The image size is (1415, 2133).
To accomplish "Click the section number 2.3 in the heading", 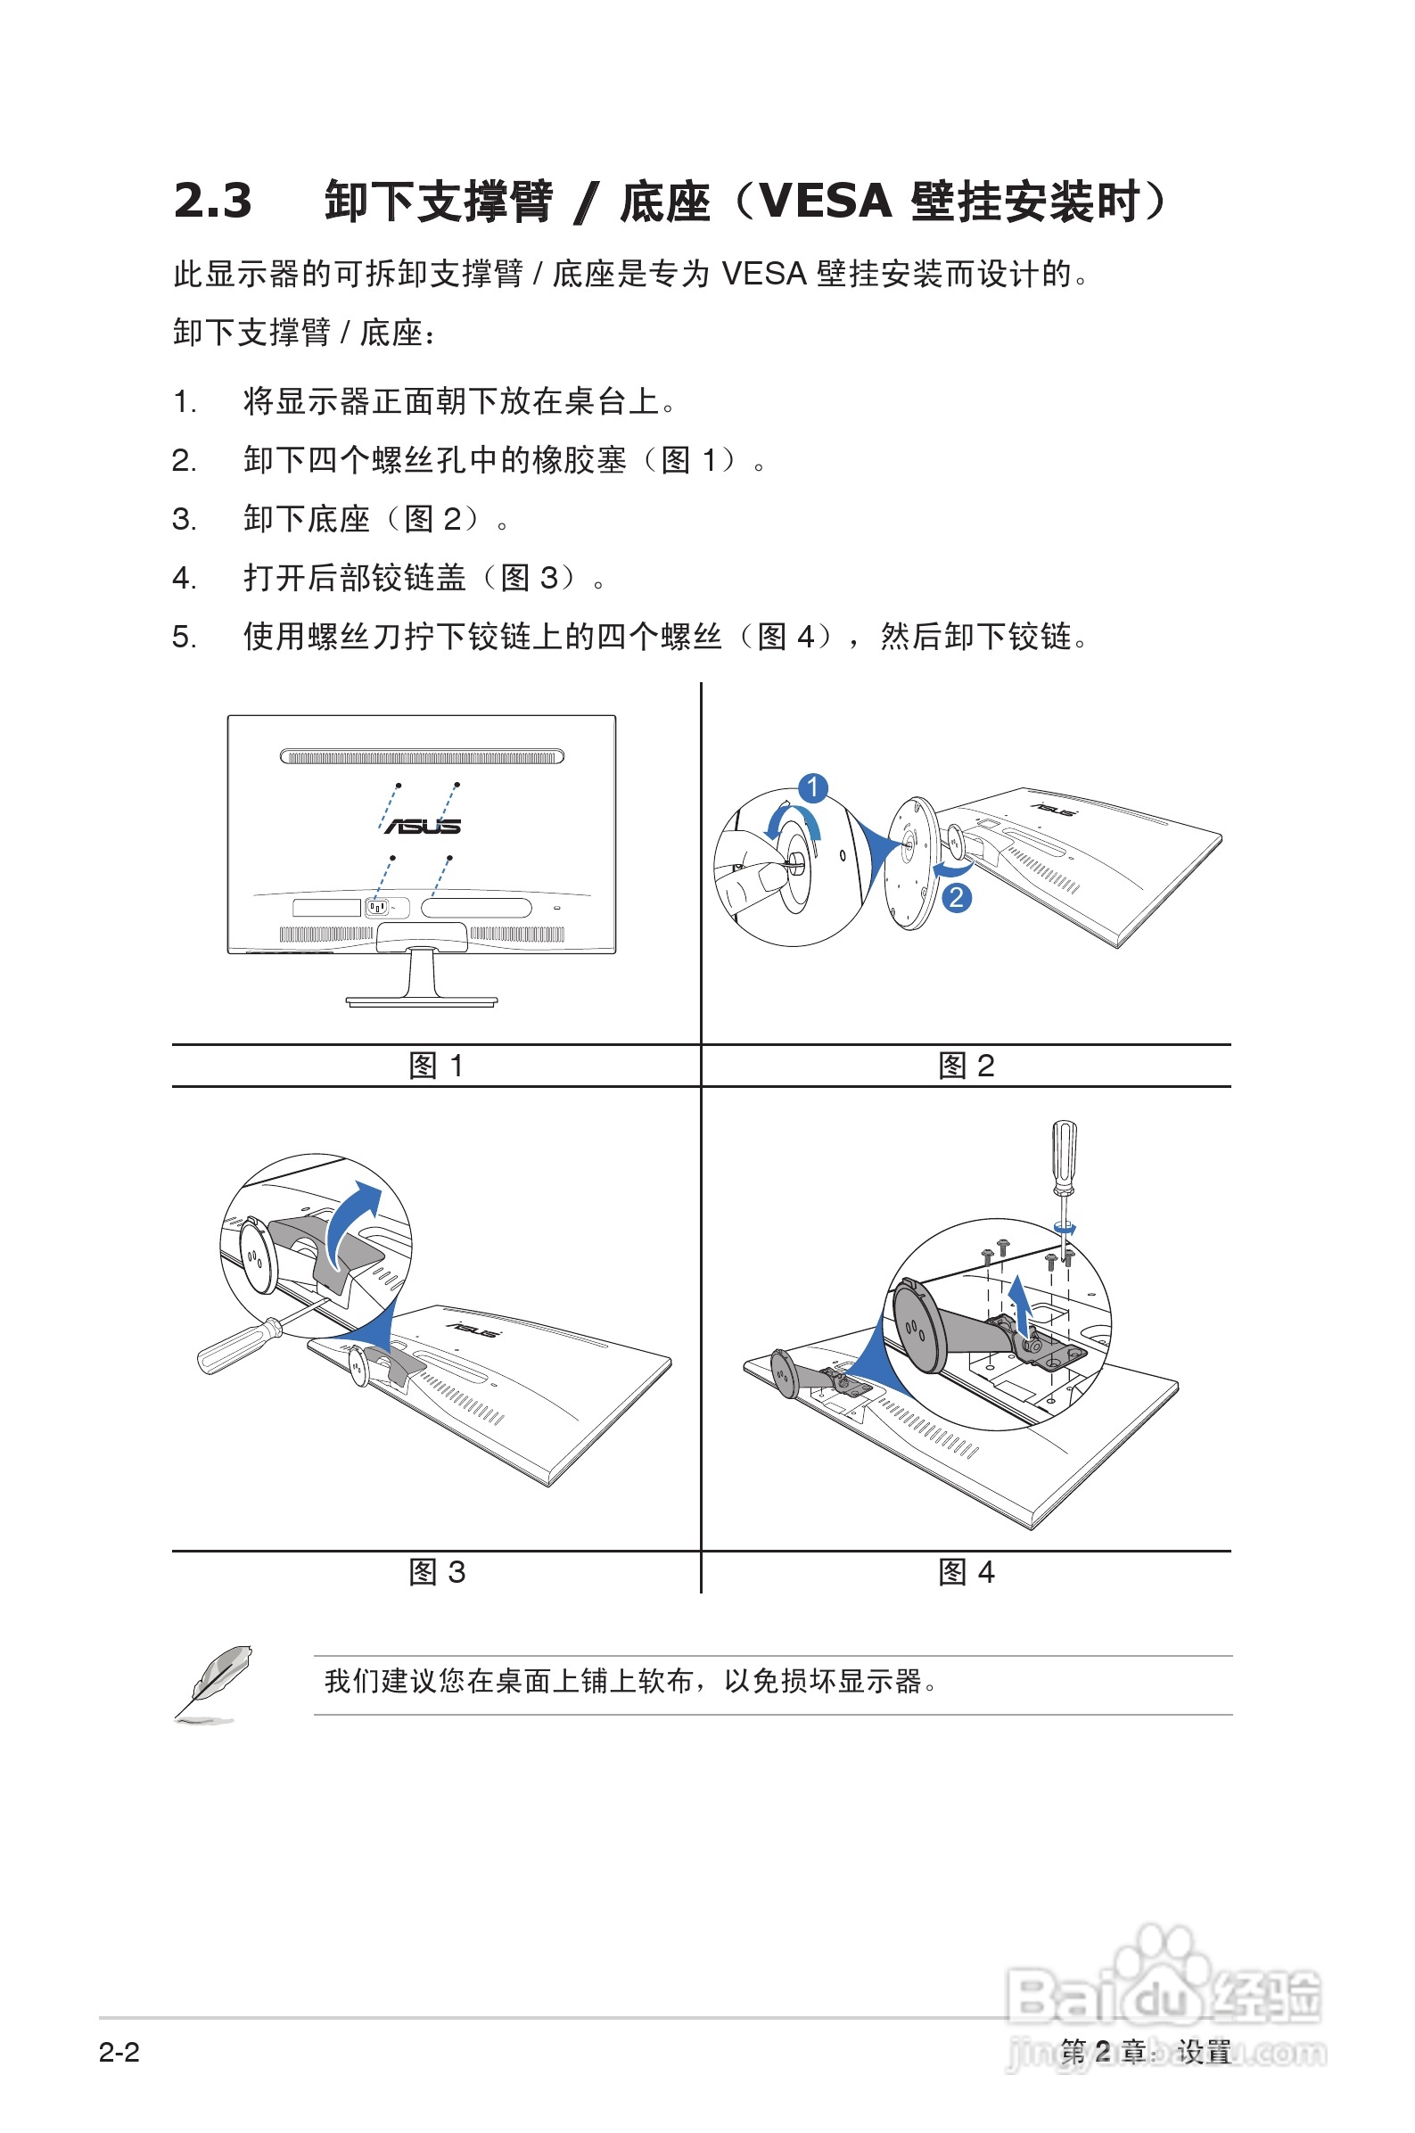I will coord(213,201).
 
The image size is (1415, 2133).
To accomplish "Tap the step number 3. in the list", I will coord(184,520).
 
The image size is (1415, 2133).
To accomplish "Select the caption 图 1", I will coord(437,1066).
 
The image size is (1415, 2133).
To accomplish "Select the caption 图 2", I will coord(967,1066).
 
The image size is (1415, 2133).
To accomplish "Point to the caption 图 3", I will coord(437,1573).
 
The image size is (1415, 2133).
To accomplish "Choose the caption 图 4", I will coord(967,1573).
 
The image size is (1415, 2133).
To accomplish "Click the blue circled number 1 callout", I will coord(813,786).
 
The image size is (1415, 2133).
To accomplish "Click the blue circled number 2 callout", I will coord(957,897).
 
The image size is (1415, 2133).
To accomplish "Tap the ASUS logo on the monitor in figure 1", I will coord(423,826).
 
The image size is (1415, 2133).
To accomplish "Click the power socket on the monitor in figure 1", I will coord(377,907).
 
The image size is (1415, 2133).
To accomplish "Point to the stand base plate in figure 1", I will coord(422,1001).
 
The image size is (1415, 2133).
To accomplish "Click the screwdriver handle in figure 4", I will coord(1065,1151).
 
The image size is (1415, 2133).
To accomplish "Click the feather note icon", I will coord(214,1682).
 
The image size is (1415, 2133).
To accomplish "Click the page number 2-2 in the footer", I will coord(119,2053).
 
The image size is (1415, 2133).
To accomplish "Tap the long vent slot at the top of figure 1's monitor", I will coord(422,756).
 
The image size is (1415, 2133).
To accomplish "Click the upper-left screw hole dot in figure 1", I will coord(398,785).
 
